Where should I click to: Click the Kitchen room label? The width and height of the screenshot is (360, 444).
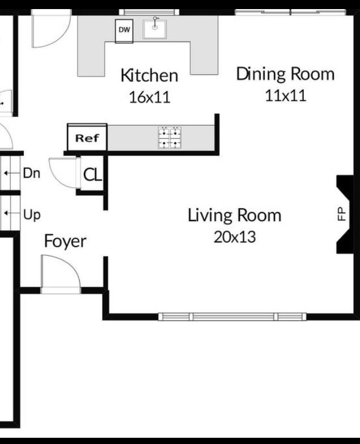(x=149, y=75)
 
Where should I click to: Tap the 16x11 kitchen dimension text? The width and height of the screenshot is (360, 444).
(x=149, y=97)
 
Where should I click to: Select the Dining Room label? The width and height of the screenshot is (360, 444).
(x=285, y=74)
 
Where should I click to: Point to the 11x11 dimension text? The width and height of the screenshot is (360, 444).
(x=285, y=95)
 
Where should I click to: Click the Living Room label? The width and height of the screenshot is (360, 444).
(x=234, y=215)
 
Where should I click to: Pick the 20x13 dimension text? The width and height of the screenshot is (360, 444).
(x=234, y=237)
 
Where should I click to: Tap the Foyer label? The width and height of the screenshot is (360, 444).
(x=65, y=242)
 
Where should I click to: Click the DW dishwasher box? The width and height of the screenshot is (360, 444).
(x=124, y=31)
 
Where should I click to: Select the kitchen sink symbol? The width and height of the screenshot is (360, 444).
(x=155, y=28)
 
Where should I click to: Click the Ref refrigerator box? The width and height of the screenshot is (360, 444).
(x=87, y=138)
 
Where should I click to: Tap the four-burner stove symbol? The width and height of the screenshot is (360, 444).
(x=171, y=137)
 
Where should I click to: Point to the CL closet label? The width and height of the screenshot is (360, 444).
(x=92, y=175)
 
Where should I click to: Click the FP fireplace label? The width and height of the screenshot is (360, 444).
(x=341, y=214)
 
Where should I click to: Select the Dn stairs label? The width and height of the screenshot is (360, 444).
(x=32, y=174)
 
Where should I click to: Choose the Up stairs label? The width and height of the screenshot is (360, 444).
(x=32, y=215)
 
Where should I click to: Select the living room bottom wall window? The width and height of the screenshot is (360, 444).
(x=232, y=316)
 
